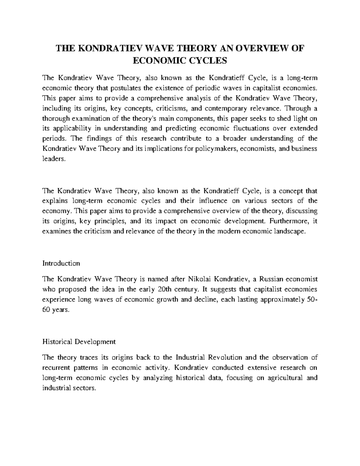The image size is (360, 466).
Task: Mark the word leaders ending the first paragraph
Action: pyautogui.click(x=53, y=159)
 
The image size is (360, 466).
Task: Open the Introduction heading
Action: pyautogui.click(x=61, y=263)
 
